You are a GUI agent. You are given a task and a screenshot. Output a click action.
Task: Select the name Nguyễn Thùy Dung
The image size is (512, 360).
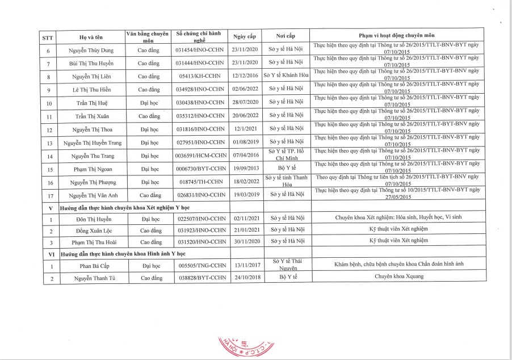click(x=91, y=51)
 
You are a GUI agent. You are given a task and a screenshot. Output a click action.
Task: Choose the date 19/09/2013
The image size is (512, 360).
click(x=245, y=169)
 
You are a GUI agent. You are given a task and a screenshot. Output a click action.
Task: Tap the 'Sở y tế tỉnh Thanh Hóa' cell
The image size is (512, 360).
click(x=286, y=182)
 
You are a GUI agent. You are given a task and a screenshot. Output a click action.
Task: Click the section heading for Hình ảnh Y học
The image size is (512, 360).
click(x=123, y=253)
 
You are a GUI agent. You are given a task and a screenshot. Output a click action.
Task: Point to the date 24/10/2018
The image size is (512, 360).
click(x=245, y=278)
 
